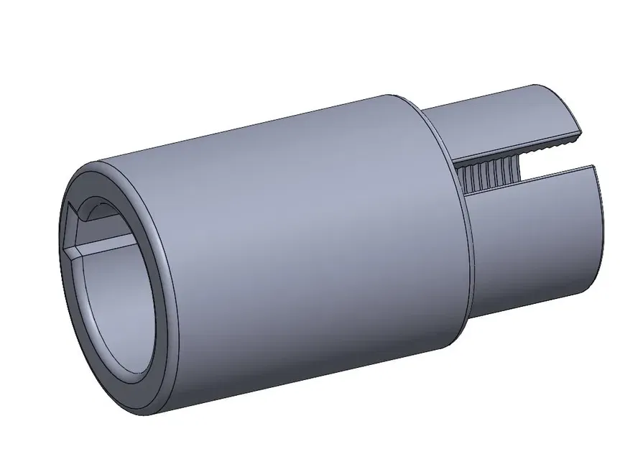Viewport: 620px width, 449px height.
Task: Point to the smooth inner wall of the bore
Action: coord(115,302)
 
